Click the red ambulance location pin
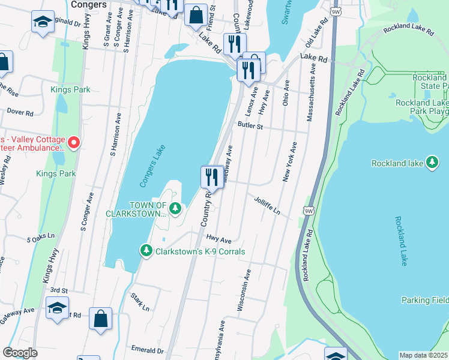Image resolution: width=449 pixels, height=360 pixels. coord(74,142)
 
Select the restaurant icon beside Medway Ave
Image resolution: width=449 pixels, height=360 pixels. coord(211,177)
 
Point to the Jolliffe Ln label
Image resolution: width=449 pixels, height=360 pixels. coord(267,206)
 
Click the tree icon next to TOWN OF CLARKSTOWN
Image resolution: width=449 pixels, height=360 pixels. coord(175,209)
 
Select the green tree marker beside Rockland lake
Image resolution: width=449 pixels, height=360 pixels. coord(432,163)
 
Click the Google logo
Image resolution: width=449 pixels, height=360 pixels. coord(20,353)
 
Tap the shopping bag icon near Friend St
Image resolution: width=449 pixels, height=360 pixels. coord(196,15)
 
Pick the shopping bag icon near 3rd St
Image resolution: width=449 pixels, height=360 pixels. coord(101,318)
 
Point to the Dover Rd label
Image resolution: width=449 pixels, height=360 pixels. coord(19,112)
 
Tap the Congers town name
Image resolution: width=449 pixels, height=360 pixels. coord(88,4)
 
